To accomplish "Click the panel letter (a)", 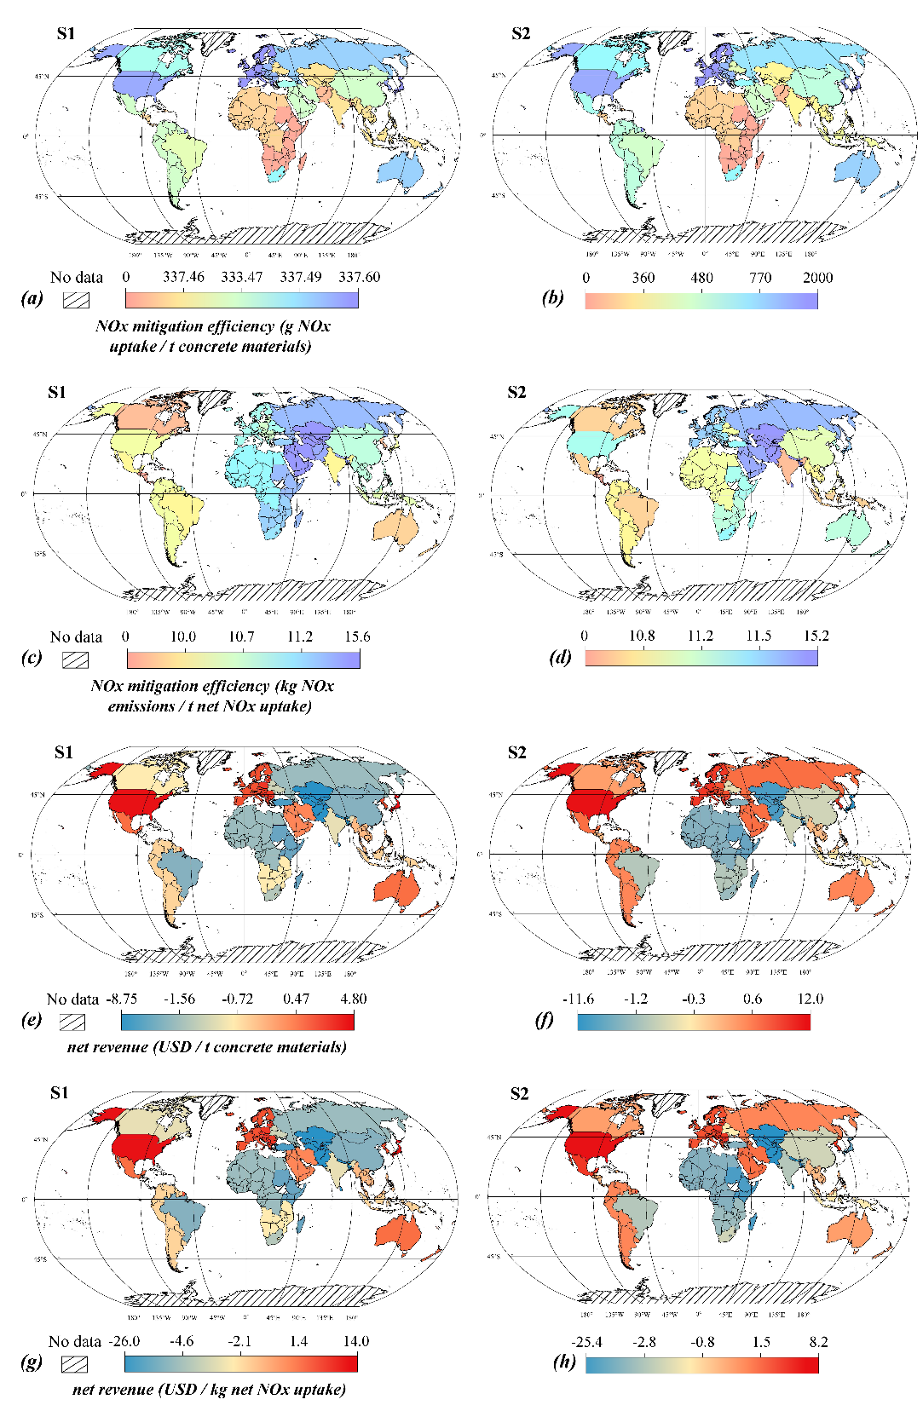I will point(32,297).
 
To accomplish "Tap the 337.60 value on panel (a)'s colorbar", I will point(359,277).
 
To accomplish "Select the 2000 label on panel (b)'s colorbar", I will point(817,278).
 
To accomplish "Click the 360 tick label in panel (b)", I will point(643,278).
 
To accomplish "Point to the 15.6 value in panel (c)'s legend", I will point(357,637).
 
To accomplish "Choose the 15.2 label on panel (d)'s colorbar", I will point(816,636).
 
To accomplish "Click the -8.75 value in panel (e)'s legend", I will point(122,999).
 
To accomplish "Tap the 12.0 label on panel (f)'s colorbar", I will point(810,999).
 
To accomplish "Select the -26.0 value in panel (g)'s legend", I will point(124,1341).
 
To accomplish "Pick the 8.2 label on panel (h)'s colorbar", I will point(818,1342).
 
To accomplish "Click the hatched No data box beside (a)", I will point(77,300).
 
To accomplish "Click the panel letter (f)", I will point(544,1019).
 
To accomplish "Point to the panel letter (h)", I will point(563,1362).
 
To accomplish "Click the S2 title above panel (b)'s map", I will point(521,34).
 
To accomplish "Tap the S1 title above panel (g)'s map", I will point(59,1093).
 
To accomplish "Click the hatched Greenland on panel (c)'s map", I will point(216,400).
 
